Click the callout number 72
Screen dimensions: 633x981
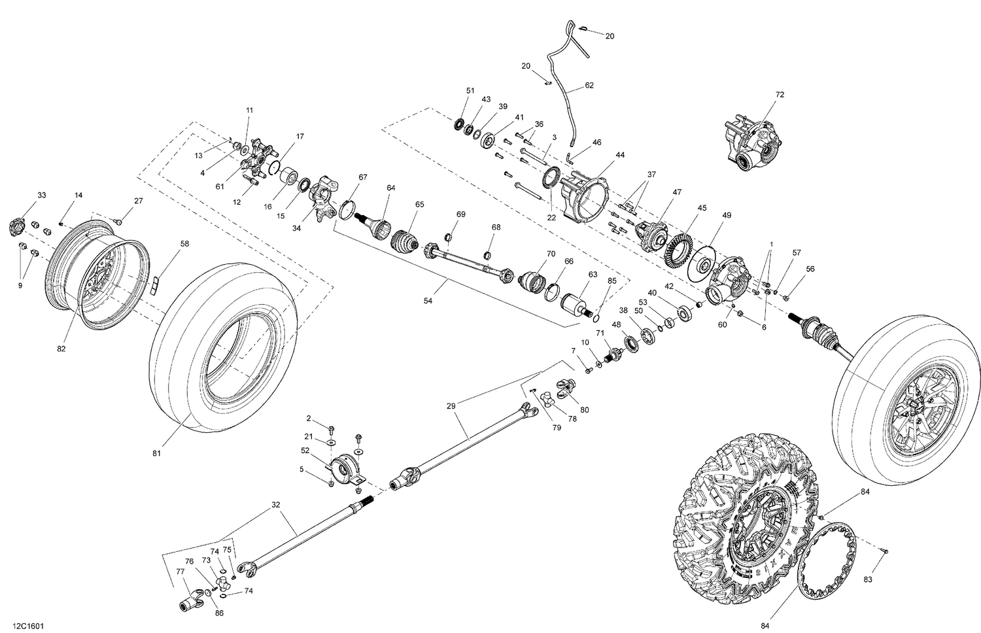pos(779,95)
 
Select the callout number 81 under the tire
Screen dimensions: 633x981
pos(156,453)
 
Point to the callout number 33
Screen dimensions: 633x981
pos(42,196)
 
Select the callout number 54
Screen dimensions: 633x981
pos(428,300)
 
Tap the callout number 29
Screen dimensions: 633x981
pos(451,405)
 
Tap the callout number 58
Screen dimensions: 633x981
pos(184,244)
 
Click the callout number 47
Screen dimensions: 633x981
pos(676,192)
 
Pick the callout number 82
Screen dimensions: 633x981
pos(61,349)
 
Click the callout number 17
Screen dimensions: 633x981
pos(300,137)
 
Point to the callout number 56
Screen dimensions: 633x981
pos(810,269)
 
